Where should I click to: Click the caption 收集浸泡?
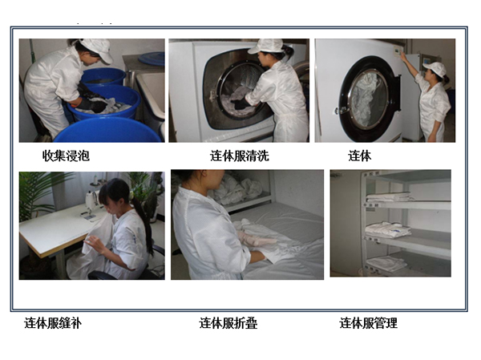tap(66, 156)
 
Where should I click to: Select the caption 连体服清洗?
tap(239, 156)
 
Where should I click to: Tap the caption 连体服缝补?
tap(53, 323)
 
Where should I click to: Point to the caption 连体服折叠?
tap(228, 323)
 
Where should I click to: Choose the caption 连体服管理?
tap(368, 323)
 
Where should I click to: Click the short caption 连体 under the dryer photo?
tap(359, 156)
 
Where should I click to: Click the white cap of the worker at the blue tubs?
tap(98, 48)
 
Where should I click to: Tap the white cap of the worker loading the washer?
tap(266, 45)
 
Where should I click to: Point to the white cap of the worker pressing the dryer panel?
tap(435, 69)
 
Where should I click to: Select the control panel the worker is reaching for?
tap(398, 51)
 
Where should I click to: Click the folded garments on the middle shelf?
tap(388, 229)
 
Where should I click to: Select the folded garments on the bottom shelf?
tap(386, 263)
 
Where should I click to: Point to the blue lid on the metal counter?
tap(152, 59)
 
